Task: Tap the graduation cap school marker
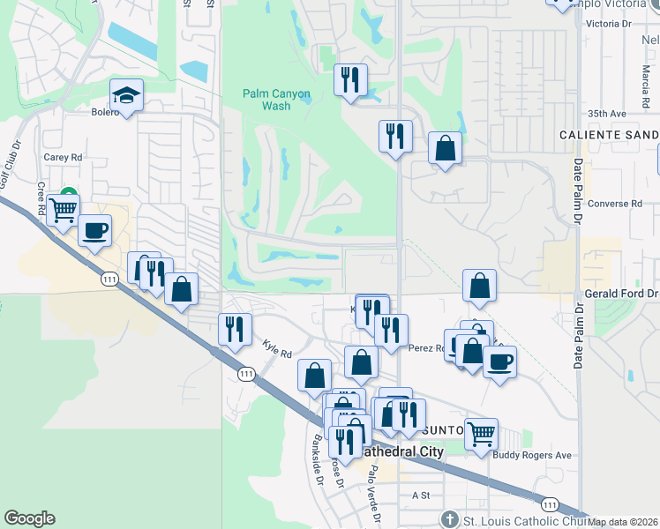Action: click(x=126, y=96)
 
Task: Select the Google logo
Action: click(x=29, y=519)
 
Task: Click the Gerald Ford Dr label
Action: click(x=621, y=293)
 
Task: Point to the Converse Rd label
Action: click(x=613, y=204)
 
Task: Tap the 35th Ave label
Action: click(x=606, y=114)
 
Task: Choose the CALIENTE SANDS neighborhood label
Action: click(x=609, y=135)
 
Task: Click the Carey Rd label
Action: click(x=63, y=157)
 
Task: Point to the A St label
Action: click(x=420, y=495)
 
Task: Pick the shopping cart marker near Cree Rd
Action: click(x=63, y=210)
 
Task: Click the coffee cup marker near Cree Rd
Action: click(x=94, y=231)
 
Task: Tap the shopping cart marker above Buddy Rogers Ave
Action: click(x=481, y=434)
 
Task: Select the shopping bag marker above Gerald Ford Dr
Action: click(x=479, y=285)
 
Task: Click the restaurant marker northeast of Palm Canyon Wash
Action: click(x=350, y=80)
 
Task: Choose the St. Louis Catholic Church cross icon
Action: click(x=449, y=519)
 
